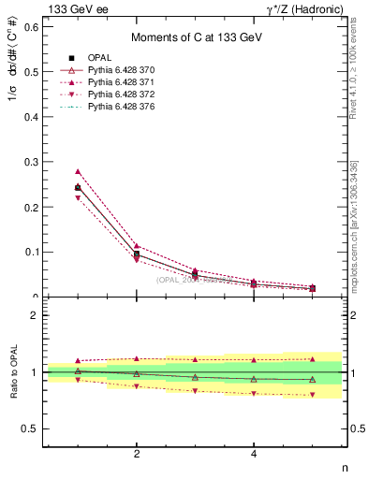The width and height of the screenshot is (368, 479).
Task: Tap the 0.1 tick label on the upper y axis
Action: point(30,252)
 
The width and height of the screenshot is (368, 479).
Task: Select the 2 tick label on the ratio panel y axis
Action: point(34,315)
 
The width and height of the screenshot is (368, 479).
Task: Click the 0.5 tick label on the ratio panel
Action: point(30,428)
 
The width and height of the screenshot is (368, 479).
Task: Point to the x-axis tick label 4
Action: point(254,455)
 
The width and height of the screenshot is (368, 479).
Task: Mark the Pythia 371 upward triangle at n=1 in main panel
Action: point(78,171)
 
